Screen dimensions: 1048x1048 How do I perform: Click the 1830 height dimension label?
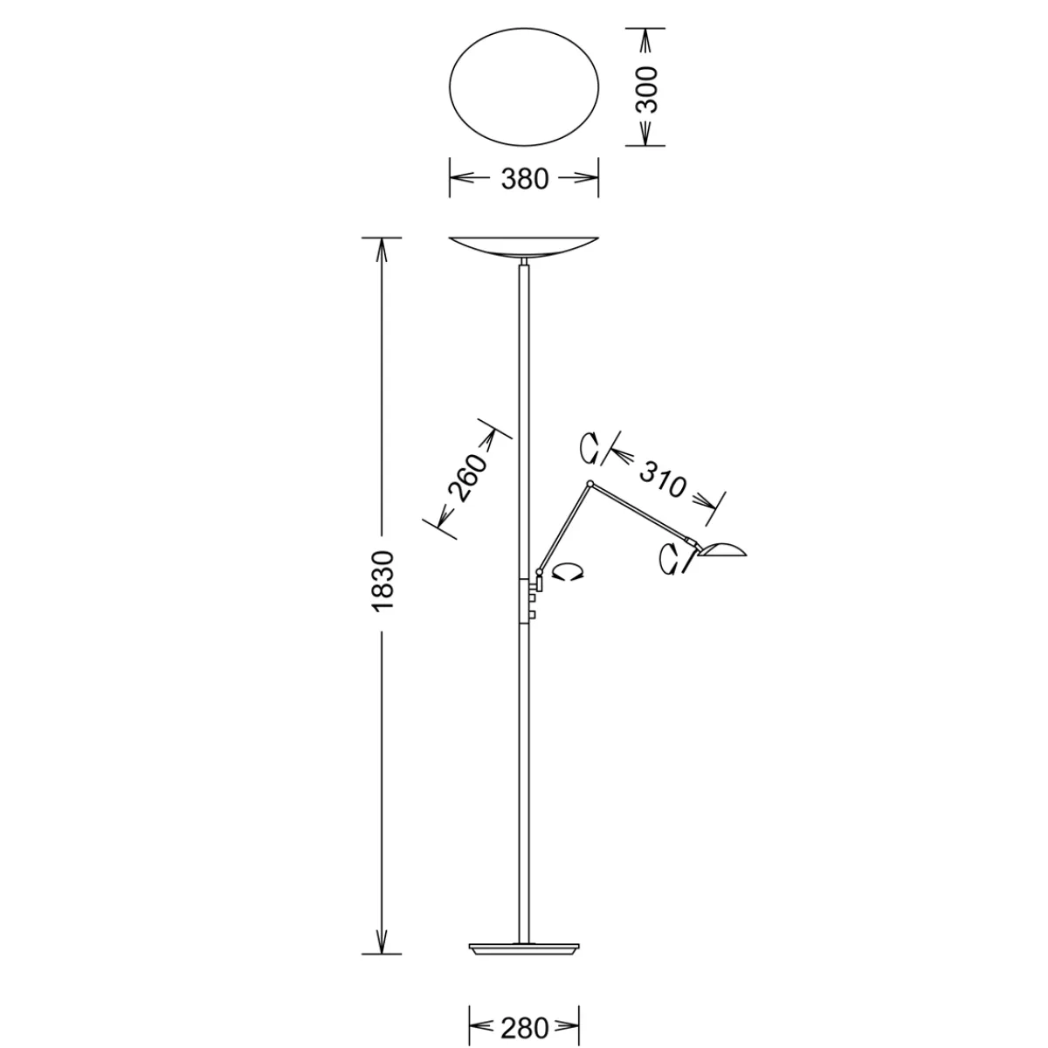[381, 580]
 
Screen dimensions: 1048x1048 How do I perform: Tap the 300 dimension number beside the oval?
[646, 88]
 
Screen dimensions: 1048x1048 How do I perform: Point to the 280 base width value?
[524, 1027]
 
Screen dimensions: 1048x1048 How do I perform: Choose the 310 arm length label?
[663, 479]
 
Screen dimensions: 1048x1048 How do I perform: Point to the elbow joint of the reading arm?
[591, 483]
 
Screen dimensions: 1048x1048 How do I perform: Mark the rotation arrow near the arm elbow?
[590, 450]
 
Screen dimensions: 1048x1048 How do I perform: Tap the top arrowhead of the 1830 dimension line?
[381, 249]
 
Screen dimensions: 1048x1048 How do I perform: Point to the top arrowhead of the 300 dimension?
[646, 39]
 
